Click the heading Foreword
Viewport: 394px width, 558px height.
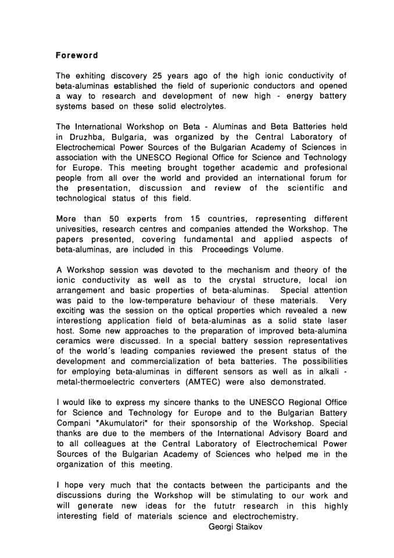(77, 56)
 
